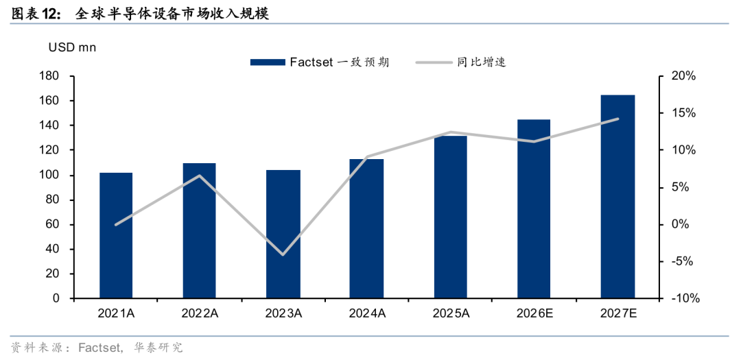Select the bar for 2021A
pyautogui.click(x=116, y=236)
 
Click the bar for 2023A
pyautogui.click(x=283, y=235)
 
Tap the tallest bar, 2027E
pyautogui.click(x=617, y=197)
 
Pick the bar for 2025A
pyautogui.click(x=450, y=217)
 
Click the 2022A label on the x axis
pyautogui.click(x=200, y=313)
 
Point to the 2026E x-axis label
pyautogui.click(x=534, y=313)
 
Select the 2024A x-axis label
pyautogui.click(x=366, y=313)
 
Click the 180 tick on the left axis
pyautogui.click(x=49, y=76)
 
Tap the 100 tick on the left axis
pyautogui.click(x=49, y=176)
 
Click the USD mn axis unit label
pyautogui.click(x=72, y=48)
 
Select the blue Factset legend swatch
pyautogui.click(x=268, y=62)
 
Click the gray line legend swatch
pyautogui.click(x=434, y=62)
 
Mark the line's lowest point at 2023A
pyautogui.click(x=283, y=254)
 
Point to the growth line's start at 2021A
pyautogui.click(x=116, y=224)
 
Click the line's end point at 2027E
pyautogui.click(x=617, y=119)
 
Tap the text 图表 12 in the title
pyautogui.click(x=33, y=14)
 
